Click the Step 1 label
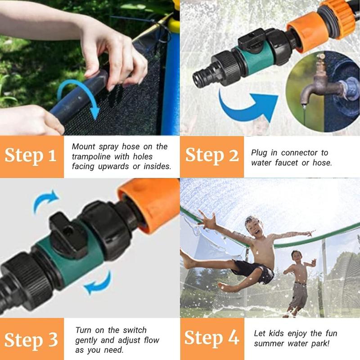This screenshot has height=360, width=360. (x=31, y=156)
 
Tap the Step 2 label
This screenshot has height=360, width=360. (x=211, y=155)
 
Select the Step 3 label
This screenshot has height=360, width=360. (x=31, y=340)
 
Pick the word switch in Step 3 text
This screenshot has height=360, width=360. (x=135, y=330)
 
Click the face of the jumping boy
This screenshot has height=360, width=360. (x=254, y=226)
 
